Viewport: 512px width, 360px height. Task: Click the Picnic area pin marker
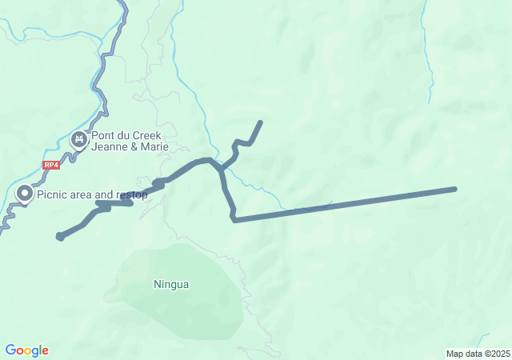25,194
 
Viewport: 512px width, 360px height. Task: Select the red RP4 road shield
51,165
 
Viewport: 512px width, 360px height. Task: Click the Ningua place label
171,284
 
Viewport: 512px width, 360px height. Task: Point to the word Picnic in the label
53,194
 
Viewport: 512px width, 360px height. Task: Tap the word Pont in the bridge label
103,135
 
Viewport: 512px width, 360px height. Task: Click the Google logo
26,350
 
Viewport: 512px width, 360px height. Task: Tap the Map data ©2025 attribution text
478,354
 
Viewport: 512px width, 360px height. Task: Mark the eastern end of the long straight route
454,189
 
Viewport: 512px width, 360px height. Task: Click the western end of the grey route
59,236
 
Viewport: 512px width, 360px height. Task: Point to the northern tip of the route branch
261,122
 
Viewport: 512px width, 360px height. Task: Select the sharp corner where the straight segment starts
234,219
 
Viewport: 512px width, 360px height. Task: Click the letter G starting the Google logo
10,350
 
